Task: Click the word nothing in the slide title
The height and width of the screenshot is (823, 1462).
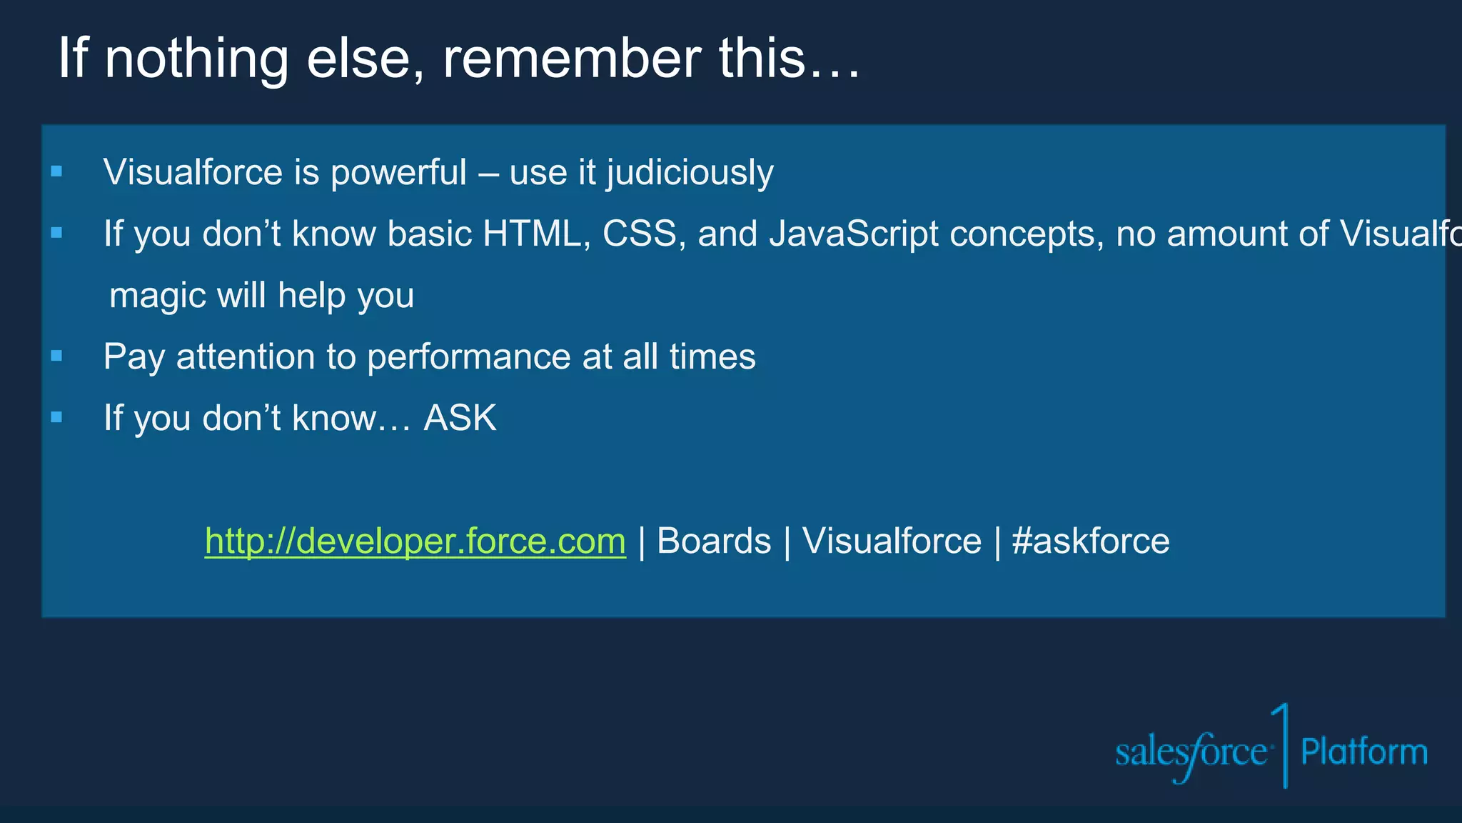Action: click(x=196, y=59)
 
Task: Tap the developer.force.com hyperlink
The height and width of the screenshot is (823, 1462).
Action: click(x=415, y=541)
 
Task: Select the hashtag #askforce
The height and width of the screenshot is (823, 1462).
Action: click(x=1090, y=541)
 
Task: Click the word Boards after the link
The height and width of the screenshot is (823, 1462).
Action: click(x=713, y=541)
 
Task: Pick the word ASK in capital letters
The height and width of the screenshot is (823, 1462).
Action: click(x=460, y=418)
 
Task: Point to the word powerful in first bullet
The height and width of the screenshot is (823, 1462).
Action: click(x=398, y=173)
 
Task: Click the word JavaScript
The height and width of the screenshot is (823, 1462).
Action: click(x=853, y=234)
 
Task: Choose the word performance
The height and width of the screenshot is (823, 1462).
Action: click(x=468, y=356)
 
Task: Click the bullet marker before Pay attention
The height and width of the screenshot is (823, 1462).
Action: click(x=57, y=355)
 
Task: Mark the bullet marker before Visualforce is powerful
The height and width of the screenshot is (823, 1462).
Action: click(x=57, y=171)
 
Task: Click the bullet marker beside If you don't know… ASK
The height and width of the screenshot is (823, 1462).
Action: click(x=57, y=417)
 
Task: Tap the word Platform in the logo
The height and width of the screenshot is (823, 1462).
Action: click(x=1363, y=752)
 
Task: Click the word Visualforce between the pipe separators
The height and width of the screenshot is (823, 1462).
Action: click(x=892, y=541)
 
